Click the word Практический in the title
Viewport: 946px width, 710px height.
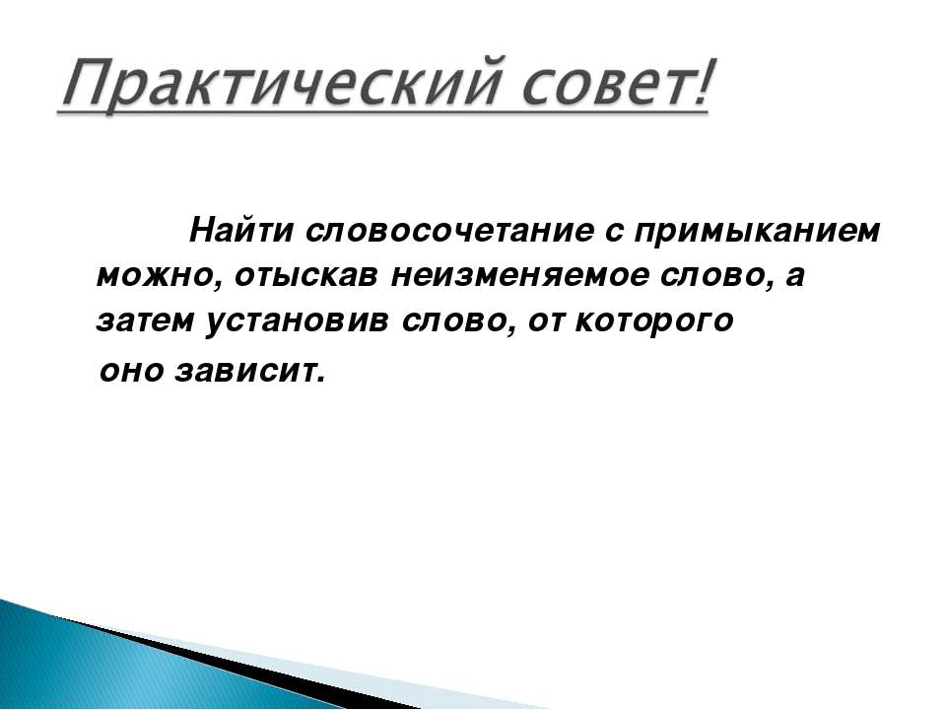[281, 85]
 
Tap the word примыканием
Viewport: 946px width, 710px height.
[757, 233]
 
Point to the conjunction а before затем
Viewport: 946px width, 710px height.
[796, 278]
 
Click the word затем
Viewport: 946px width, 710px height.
[144, 321]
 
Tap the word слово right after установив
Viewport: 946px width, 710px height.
[456, 322]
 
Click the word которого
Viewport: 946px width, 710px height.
[654, 322]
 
